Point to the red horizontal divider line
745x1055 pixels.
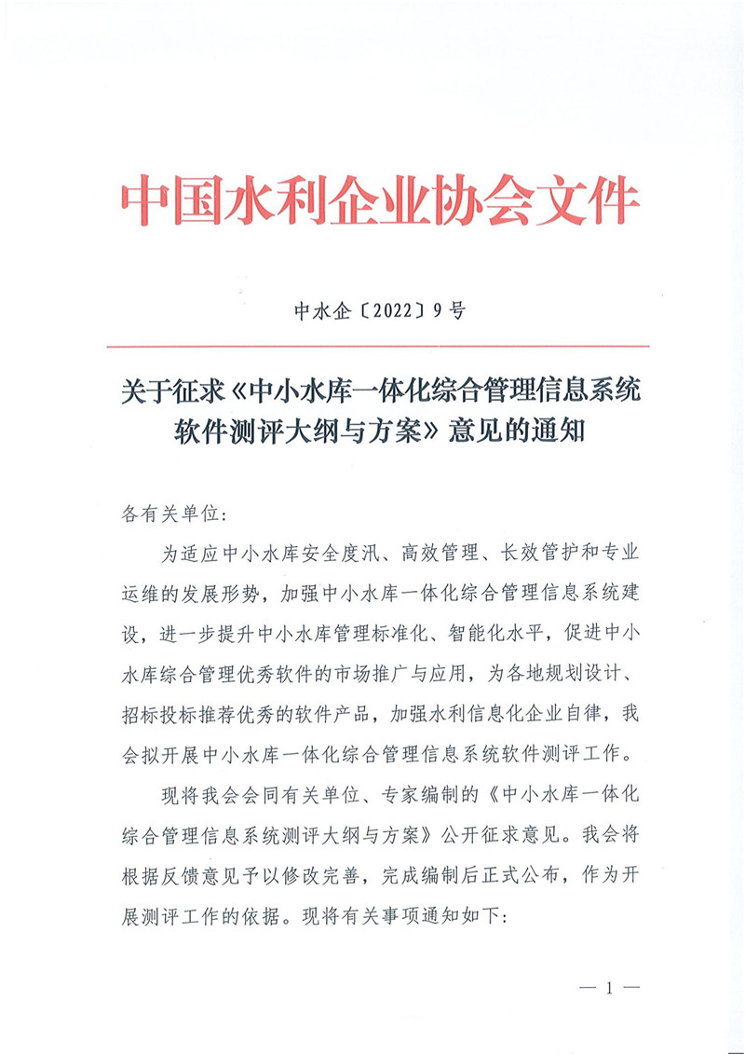point(372,347)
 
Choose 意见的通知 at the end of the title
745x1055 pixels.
point(516,432)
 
